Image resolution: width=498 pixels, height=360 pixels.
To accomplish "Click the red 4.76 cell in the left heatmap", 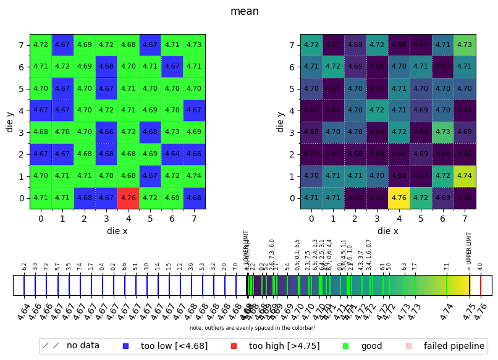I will click(129, 198).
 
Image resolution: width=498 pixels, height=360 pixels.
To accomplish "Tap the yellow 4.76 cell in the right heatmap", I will click(399, 198).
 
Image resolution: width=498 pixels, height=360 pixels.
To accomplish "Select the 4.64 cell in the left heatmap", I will click(172, 154).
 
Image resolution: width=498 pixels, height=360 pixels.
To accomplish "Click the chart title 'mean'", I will click(244, 11).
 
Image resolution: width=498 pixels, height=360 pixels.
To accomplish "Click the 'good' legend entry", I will click(362, 346).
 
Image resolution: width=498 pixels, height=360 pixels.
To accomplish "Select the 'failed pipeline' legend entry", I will click(445, 346).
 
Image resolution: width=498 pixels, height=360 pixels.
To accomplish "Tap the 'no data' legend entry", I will click(74, 346).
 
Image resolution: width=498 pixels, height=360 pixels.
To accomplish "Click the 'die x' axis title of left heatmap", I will click(117, 231).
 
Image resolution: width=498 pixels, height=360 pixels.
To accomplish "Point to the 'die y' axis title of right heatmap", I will click(281, 122).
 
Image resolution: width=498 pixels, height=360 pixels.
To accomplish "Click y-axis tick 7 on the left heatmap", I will click(21, 45).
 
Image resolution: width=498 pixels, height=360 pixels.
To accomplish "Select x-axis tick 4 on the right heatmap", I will click(399, 218).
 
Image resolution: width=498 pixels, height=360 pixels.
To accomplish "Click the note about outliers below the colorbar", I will click(252, 327).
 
